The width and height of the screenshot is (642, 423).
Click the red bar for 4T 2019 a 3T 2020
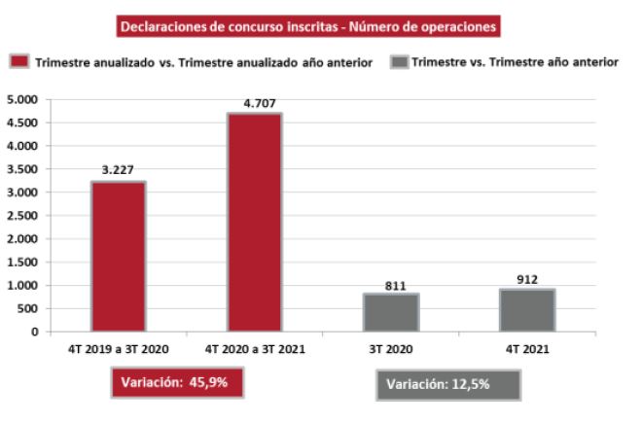[119, 257]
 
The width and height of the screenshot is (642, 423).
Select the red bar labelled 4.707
[255, 223]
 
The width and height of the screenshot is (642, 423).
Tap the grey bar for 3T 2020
[391, 312]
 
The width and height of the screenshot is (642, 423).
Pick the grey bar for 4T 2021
[527, 310]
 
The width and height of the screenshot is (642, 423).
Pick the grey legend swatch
[398, 62]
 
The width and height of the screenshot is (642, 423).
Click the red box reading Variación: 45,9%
[175, 382]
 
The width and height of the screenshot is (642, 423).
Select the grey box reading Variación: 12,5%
[448, 384]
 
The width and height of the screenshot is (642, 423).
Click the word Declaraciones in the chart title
[161, 26]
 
